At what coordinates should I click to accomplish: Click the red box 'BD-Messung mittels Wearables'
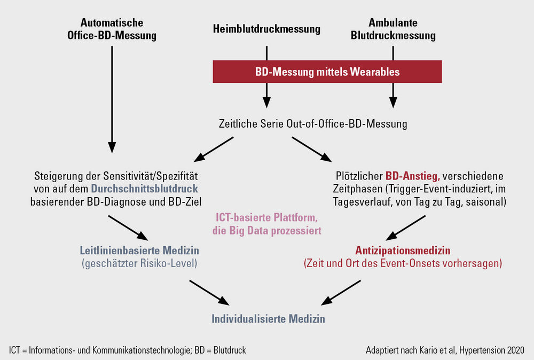pos(327,72)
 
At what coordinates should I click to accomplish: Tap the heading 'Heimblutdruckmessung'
pos(266,29)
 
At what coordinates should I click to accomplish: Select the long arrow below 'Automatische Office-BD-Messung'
pos(112,99)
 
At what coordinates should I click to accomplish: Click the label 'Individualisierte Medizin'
pos(269,319)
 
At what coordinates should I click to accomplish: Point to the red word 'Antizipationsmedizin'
pos(403,251)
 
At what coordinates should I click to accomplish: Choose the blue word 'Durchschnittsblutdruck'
pos(144,189)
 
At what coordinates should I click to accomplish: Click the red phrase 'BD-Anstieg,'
pos(413,176)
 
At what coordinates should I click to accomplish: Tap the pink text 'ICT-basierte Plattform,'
pos(266,217)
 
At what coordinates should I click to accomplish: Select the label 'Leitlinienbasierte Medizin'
pos(139,251)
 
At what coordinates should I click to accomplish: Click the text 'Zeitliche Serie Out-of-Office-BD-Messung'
pos(313,123)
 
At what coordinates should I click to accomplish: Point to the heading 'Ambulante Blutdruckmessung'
pos(393,29)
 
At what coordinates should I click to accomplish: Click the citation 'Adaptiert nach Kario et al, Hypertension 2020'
pos(445,350)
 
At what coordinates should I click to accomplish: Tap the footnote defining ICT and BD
pos(128,350)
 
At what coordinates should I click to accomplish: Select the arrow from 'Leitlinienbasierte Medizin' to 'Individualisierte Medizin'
pos(209,293)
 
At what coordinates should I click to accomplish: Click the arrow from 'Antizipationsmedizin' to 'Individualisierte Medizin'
pos(341,293)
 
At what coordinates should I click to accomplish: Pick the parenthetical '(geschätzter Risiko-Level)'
pos(139,263)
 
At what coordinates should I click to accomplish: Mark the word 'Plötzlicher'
pos(359,176)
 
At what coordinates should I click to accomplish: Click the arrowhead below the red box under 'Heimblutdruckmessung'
pos(266,102)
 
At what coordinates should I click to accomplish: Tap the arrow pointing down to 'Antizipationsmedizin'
pos(406,228)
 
